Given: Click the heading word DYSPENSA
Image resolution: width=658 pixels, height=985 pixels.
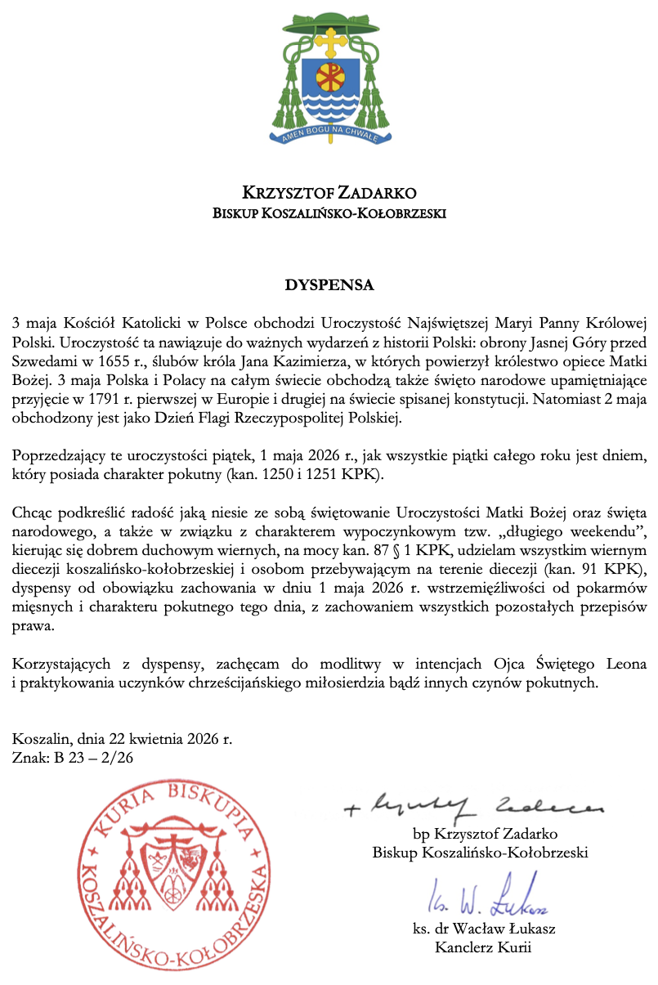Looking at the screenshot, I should (x=329, y=285).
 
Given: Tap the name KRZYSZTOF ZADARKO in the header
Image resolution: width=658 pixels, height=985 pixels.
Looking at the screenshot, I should (x=329, y=194).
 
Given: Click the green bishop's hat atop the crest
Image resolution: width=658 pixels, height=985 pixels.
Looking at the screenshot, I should (x=329, y=22).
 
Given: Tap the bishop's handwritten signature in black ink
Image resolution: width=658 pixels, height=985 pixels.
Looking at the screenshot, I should (x=474, y=808).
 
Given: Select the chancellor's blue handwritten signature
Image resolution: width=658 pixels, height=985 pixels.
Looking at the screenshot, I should (x=487, y=899).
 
